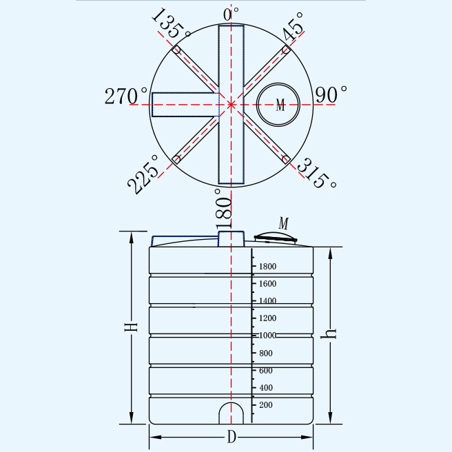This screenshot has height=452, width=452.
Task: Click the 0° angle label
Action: (231, 14)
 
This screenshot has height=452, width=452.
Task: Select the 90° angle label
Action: (331, 94)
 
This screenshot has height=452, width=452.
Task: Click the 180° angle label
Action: (223, 209)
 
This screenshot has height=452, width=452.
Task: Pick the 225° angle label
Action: (143, 174)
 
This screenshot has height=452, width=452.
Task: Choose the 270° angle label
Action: (125, 96)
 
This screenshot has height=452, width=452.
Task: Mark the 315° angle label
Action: (316, 173)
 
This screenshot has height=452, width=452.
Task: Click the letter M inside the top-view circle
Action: (280, 105)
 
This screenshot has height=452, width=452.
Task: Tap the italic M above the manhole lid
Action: (284, 223)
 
